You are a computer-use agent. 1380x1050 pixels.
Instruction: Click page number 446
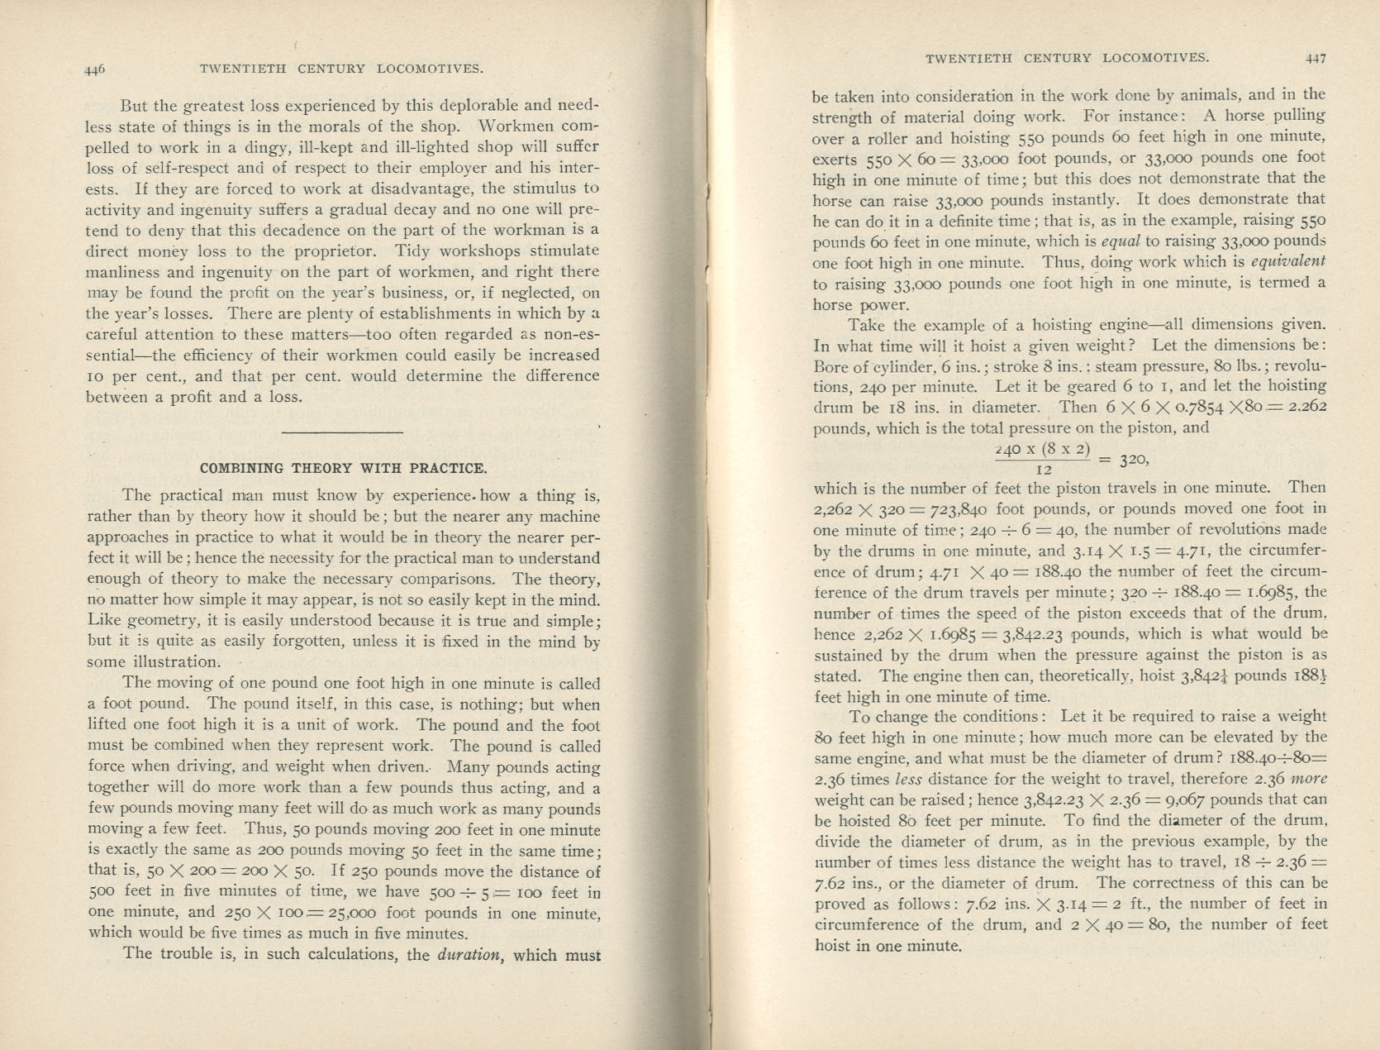[95, 70]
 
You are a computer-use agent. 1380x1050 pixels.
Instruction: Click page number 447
[1316, 59]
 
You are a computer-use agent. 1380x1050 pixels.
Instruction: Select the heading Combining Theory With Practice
[343, 468]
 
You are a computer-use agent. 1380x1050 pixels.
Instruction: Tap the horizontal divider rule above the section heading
[342, 432]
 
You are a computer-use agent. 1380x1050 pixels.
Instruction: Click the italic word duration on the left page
[469, 955]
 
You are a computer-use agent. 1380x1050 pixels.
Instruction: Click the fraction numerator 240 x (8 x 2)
[1044, 450]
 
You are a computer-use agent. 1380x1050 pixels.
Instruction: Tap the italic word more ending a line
[1308, 779]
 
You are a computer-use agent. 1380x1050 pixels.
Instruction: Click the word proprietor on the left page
[335, 251]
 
